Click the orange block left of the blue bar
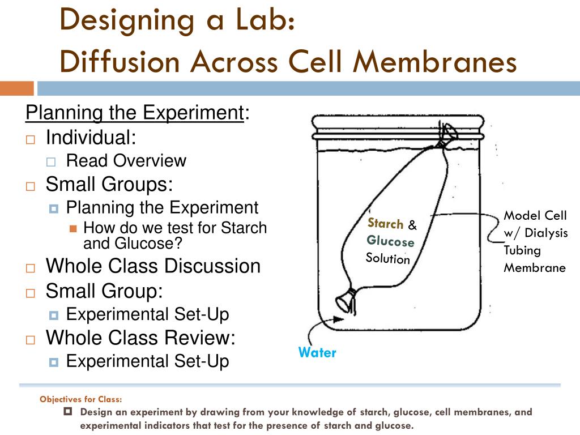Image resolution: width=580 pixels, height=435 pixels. pos(16,88)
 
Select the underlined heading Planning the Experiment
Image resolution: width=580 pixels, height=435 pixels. pos(135,113)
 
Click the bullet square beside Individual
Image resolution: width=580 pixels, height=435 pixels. pos(31,139)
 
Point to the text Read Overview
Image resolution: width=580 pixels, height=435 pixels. pos(126,161)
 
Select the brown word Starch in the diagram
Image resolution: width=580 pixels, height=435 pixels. pos(385,223)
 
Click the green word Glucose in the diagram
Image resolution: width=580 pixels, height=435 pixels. pos(390,241)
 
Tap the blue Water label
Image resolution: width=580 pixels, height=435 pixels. pos(317,352)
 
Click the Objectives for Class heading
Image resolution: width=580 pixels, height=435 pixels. pos(80,399)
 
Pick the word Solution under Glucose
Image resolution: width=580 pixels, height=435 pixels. pos(387,259)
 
